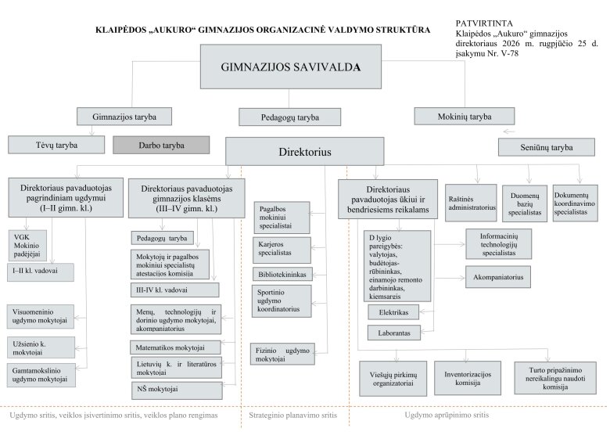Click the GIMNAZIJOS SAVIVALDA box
tap(291, 67)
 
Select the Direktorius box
tap(305, 151)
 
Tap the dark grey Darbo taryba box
tap(161, 145)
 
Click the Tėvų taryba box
tap(56, 145)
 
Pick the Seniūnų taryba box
tap(547, 147)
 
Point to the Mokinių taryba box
tap(465, 117)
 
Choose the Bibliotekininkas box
tap(282, 275)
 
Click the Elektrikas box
tap(393, 312)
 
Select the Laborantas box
tap(394, 333)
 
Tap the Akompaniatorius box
tap(498, 277)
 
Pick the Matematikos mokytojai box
tap(175, 347)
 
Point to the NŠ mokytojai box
tap(177, 391)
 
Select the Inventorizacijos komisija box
tap(468, 378)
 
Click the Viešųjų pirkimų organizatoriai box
tap(393, 379)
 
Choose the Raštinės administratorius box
tap(471, 203)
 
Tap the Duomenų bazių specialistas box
tap(525, 203)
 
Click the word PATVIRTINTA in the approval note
tap(484, 23)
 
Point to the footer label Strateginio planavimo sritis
tap(293, 416)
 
